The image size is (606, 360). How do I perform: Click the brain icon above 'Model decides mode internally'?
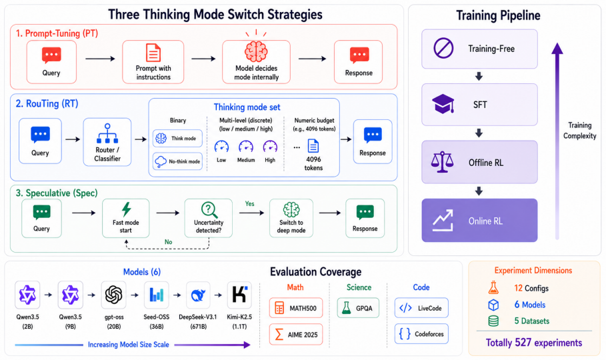256,51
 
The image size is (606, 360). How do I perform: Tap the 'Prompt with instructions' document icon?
153,53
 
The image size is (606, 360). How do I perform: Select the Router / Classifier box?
107,142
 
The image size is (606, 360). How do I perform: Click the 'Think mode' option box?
177,139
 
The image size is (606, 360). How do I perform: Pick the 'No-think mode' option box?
177,161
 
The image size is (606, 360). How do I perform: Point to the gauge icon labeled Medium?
246,147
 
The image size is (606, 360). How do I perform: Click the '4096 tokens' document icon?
313,146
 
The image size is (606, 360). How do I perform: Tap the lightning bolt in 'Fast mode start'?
126,209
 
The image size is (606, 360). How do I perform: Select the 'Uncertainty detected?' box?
208,218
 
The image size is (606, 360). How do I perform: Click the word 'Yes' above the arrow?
249,204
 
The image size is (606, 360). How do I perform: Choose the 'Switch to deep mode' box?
291,218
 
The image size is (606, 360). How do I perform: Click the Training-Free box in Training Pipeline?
479,49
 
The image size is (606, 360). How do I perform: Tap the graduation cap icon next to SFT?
443,103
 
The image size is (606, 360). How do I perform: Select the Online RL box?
479,221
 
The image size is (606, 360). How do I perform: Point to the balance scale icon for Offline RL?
442,161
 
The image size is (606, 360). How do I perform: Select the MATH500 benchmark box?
295,308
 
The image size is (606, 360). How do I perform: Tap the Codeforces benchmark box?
421,334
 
